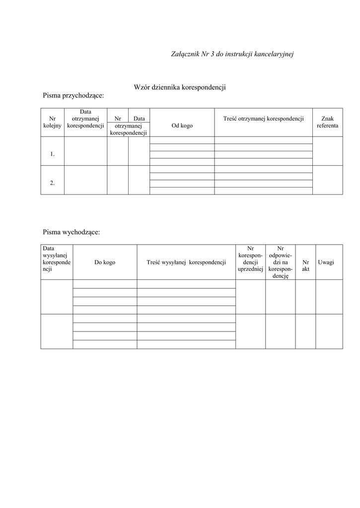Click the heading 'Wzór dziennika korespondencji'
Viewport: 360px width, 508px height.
point(180,87)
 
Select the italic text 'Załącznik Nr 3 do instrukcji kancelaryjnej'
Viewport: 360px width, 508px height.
point(232,54)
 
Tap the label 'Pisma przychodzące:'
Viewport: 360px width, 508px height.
point(73,95)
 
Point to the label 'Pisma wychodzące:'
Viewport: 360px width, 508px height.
point(72,232)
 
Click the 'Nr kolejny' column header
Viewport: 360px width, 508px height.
point(52,122)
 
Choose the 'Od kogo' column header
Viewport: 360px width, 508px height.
point(182,126)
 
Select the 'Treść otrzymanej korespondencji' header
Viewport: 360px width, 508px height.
point(263,119)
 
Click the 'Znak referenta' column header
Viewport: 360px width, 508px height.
point(327,122)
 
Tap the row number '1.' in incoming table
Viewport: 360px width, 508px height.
point(52,154)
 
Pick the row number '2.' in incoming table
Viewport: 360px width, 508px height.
point(52,183)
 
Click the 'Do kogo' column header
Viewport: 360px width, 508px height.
point(105,262)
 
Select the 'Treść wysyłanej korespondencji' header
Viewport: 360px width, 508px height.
point(186,262)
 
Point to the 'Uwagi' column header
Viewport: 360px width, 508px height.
point(326,262)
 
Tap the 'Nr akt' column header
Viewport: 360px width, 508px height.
point(305,265)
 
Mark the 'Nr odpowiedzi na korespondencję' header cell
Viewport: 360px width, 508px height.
point(280,262)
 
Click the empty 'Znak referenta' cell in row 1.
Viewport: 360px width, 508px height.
point(327,151)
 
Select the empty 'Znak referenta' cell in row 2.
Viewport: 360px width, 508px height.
point(327,180)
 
